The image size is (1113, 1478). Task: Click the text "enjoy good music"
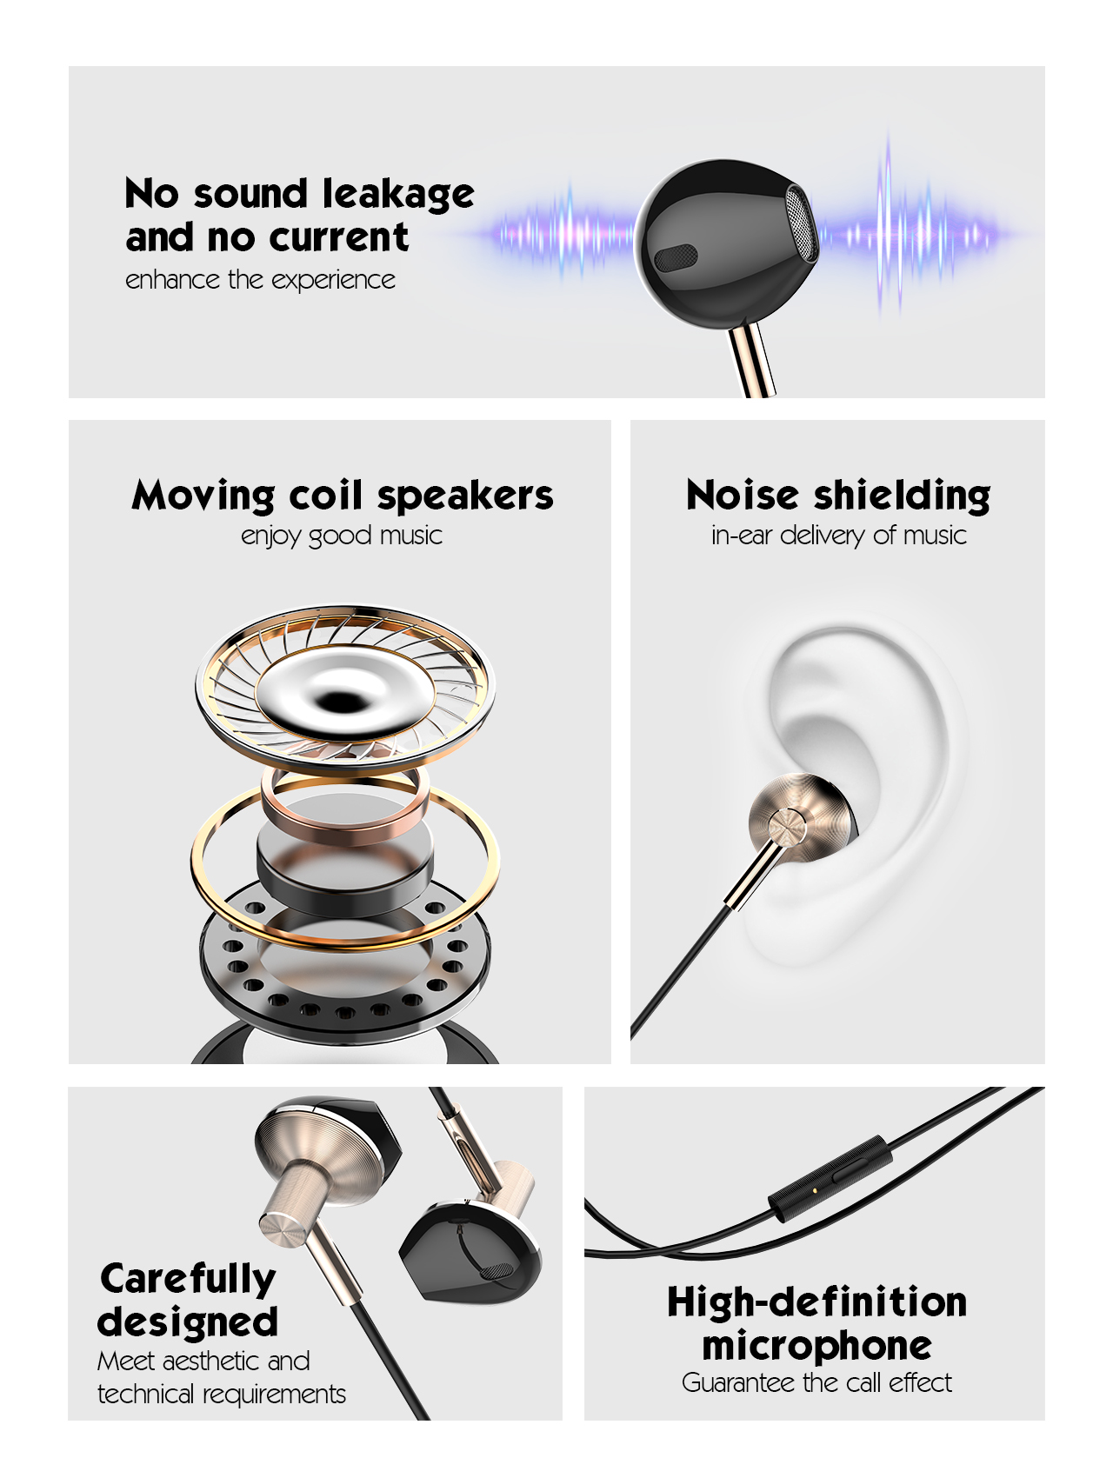pos(342,536)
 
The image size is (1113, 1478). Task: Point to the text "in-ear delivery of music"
pos(838,536)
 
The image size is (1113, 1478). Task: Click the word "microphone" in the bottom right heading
pos(816,1346)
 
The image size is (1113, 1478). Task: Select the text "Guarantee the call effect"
pos(816,1382)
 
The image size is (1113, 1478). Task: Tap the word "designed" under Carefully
pos(188,1322)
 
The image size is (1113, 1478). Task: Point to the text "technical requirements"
pos(221,1395)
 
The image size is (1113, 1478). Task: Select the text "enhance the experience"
pos(260,280)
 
